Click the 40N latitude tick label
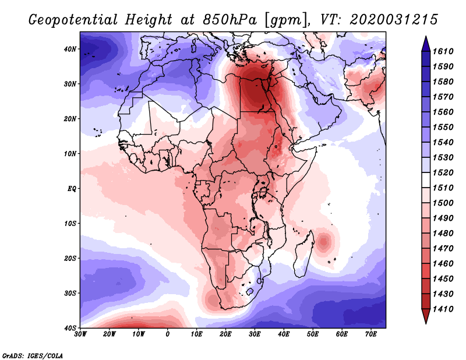70,49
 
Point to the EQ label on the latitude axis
72,189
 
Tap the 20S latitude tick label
70,258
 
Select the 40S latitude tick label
70,328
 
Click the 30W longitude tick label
80,334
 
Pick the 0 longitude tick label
168,334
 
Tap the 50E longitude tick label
313,334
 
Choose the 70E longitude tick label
370,334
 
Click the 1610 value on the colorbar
443,51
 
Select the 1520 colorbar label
443,172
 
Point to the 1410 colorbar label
443,309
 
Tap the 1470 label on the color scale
443,249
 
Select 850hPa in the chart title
230,20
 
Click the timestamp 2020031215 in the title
394,20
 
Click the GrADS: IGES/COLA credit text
33,355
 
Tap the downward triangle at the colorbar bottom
426,316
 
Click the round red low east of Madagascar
324,242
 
